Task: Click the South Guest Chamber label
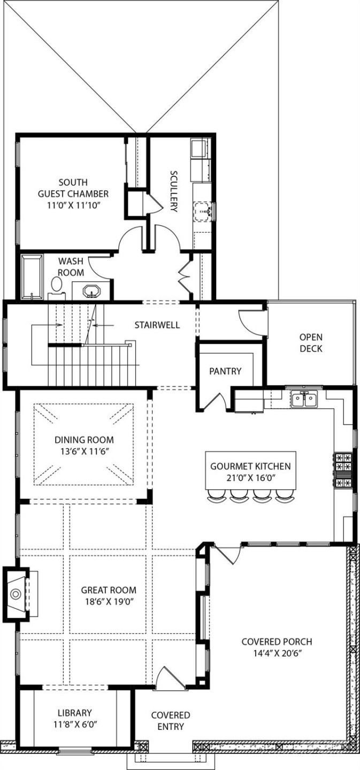[73, 193]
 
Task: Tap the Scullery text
[174, 191]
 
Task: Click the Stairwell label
[157, 325]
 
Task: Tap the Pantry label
[225, 371]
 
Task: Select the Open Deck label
[311, 343]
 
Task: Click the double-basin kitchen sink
[303, 399]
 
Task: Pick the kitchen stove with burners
[343, 471]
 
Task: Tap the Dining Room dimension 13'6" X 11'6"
[84, 451]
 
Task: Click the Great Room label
[109, 590]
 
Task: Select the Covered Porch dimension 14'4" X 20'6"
[277, 653]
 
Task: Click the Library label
[74, 713]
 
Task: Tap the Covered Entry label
[170, 720]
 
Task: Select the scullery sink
[203, 211]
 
